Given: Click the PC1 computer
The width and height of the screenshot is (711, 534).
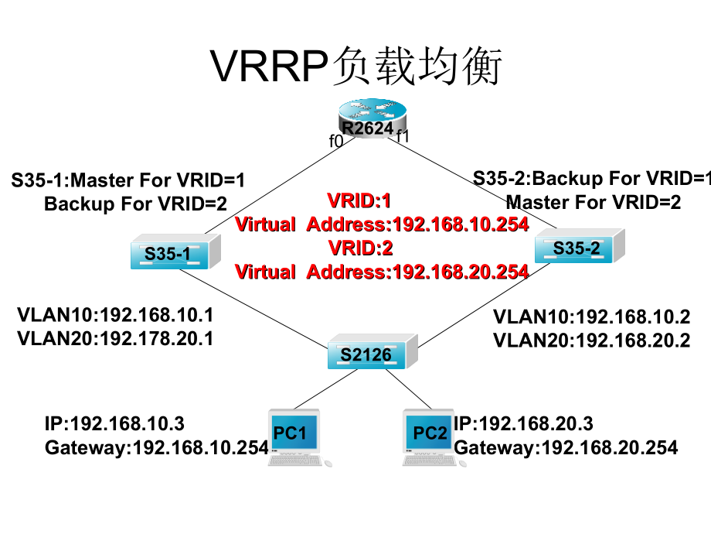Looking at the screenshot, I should (x=294, y=436).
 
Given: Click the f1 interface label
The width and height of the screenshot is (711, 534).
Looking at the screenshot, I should (x=402, y=138).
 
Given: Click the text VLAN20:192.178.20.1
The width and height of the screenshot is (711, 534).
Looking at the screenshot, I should (x=115, y=338).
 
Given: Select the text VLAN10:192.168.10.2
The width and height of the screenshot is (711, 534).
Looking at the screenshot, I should (x=591, y=317).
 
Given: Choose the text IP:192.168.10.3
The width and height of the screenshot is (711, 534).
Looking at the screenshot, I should (x=114, y=423).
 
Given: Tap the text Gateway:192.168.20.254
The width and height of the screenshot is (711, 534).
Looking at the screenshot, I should (x=566, y=447).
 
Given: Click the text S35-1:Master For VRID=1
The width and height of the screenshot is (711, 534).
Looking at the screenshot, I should (x=128, y=181).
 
